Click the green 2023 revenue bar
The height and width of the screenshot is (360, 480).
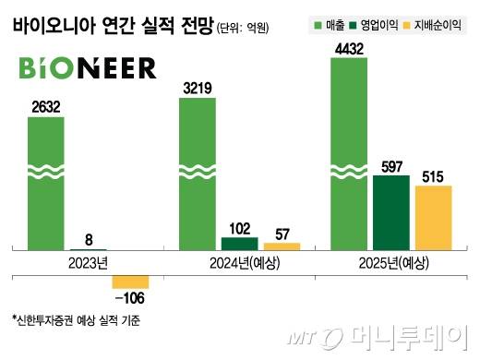46,185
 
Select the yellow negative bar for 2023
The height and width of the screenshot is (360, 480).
130,282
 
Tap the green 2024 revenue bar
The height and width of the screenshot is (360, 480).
198,175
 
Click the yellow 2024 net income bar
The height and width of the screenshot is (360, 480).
282,246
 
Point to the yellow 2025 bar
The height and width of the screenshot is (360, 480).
433,218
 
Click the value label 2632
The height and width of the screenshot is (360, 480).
45,107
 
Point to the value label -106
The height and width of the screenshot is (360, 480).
129,298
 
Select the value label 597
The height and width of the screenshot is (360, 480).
390,165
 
